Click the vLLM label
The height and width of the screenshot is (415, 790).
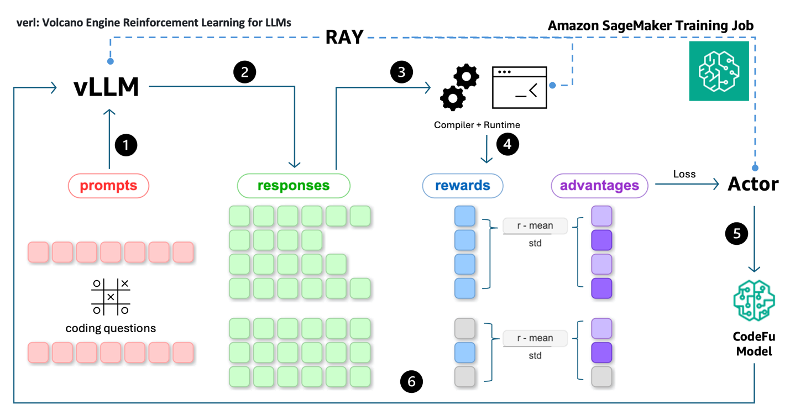pyautogui.click(x=106, y=87)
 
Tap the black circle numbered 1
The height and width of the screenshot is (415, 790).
pyautogui.click(x=125, y=145)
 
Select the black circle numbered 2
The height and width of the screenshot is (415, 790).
pyautogui.click(x=244, y=72)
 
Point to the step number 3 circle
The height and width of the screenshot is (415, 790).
pyautogui.click(x=401, y=72)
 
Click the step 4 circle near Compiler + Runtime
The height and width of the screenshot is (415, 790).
pyautogui.click(x=508, y=144)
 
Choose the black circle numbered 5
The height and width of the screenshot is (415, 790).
pyautogui.click(x=736, y=233)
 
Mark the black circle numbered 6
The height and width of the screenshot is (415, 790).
pyautogui.click(x=411, y=381)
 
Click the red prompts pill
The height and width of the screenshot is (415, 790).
pyautogui.click(x=108, y=186)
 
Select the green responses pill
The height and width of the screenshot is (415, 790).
pyautogui.click(x=294, y=186)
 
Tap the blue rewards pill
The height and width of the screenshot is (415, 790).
pyautogui.click(x=463, y=186)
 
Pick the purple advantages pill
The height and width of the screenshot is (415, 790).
pyautogui.click(x=599, y=186)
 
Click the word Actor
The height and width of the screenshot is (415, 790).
pyautogui.click(x=753, y=185)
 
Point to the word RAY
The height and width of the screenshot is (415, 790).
pyautogui.click(x=344, y=36)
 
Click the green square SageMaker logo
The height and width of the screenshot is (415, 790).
pyautogui.click(x=719, y=71)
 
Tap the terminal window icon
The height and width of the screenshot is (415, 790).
pyautogui.click(x=519, y=87)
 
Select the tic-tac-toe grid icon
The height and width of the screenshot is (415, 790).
pyautogui.click(x=111, y=297)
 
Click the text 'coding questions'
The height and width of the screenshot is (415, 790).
pyautogui.click(x=111, y=328)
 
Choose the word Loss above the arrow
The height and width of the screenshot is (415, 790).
pyautogui.click(x=684, y=174)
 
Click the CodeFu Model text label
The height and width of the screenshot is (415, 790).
pyautogui.click(x=754, y=343)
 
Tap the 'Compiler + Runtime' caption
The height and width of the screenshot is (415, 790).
pyautogui.click(x=477, y=125)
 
